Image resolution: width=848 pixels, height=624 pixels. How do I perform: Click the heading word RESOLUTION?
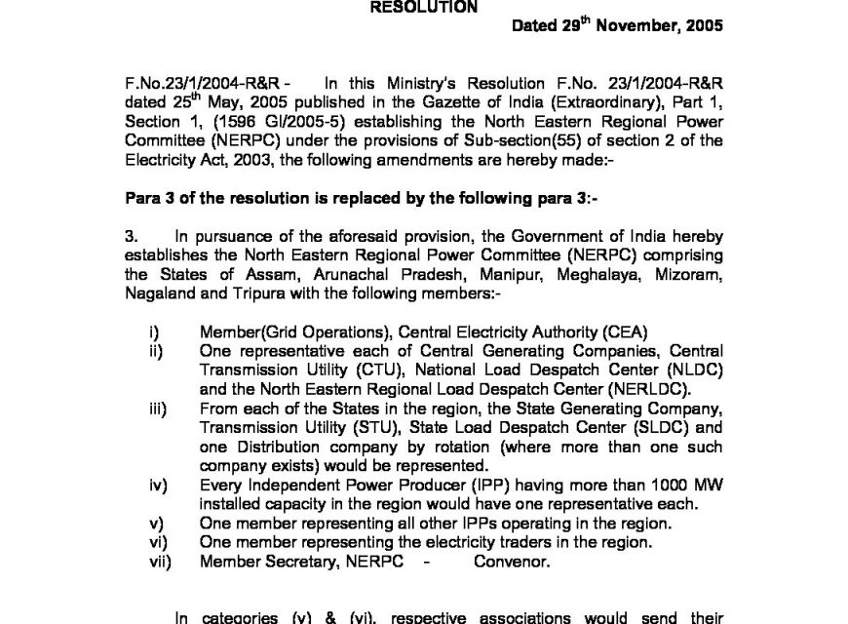[422, 7]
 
